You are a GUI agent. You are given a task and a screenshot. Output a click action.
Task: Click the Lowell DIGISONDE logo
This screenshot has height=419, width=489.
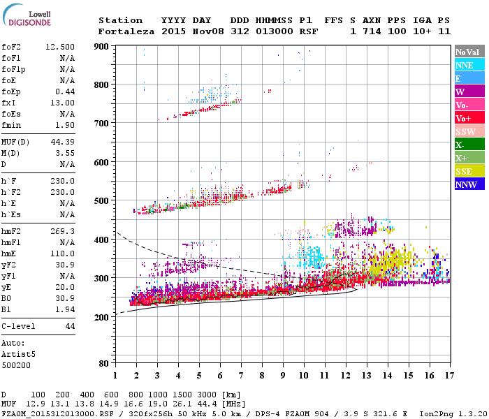pos(29,17)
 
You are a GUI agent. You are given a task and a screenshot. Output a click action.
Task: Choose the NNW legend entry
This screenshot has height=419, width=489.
pos(466,184)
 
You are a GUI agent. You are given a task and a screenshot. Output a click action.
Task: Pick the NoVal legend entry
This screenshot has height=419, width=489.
pos(467,52)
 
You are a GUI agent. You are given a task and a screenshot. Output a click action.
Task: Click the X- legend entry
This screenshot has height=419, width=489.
pos(460,145)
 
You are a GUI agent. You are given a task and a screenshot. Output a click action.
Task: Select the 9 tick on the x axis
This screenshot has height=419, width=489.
pos(283,376)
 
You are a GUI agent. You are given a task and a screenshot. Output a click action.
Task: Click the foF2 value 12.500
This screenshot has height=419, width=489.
pos(60,47)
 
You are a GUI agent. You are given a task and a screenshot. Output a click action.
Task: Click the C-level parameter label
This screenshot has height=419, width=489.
pos(20,326)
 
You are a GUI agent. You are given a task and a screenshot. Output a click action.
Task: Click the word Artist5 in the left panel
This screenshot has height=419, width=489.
pos(19,354)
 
